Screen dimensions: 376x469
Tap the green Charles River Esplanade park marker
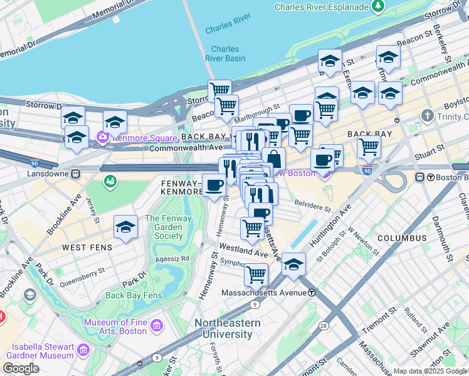[378, 7]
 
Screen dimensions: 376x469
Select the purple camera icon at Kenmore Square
[102, 136]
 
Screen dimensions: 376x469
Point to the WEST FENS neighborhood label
[87, 248]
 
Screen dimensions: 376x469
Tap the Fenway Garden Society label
[164, 227]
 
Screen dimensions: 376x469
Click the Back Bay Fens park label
[134, 295]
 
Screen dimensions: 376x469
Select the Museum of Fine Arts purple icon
[156, 326]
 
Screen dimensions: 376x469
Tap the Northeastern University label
[227, 328]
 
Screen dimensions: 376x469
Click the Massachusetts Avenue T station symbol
[312, 293]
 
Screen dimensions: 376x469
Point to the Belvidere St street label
[313, 207]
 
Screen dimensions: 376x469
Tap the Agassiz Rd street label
[172, 258]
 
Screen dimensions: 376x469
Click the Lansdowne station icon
[75, 174]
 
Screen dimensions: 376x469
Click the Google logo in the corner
[21, 368]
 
